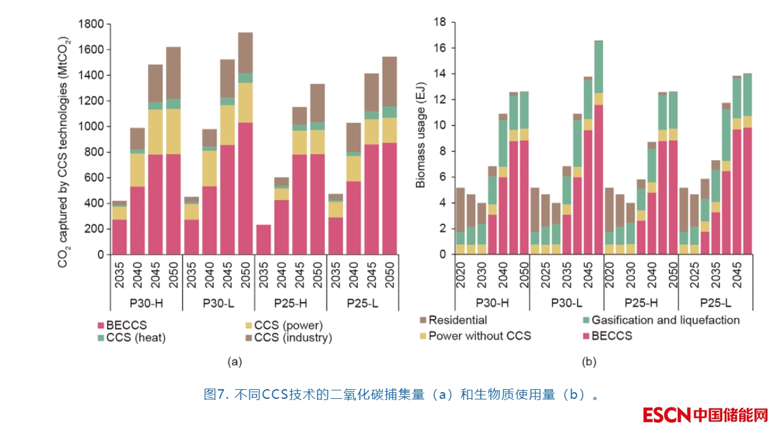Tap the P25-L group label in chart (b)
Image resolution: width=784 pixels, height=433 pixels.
click(716, 302)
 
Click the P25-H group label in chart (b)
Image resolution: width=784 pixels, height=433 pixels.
click(641, 302)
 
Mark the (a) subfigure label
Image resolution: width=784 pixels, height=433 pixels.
click(234, 361)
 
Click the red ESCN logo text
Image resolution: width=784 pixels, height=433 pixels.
click(667, 414)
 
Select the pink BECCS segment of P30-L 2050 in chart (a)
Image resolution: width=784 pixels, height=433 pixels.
click(245, 188)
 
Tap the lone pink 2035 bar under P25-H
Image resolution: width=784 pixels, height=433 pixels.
click(263, 239)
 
